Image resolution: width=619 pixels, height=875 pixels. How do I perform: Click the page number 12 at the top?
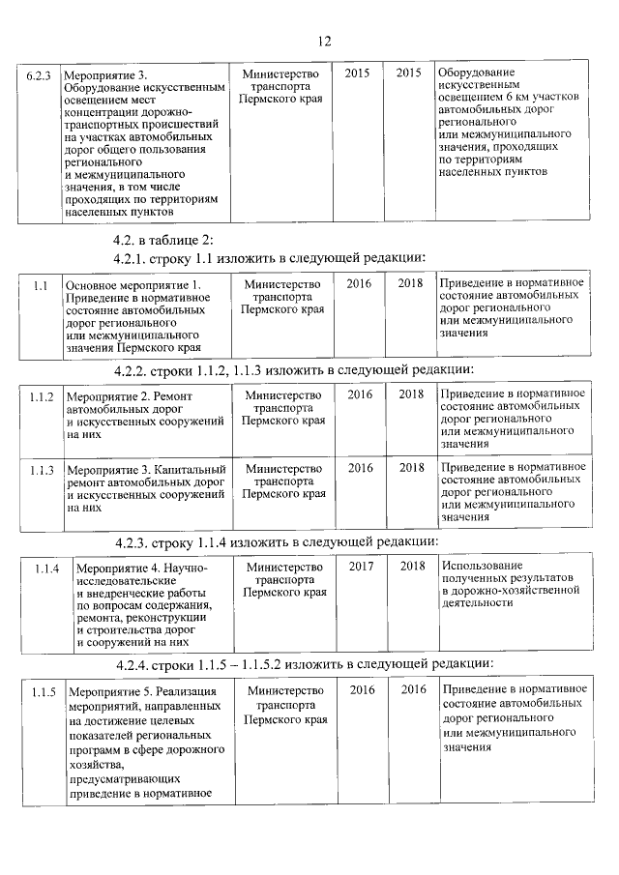coord(324,41)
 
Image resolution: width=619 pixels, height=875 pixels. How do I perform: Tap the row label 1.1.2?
coord(41,395)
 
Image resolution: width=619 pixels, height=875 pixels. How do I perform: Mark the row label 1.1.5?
coord(43,691)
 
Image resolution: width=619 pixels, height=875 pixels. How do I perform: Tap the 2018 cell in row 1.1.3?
coord(412,468)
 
